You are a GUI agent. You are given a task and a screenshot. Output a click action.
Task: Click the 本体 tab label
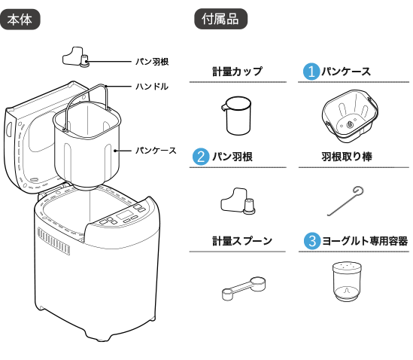click(x=20, y=20)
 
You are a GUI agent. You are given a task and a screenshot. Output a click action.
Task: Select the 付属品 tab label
click(x=220, y=20)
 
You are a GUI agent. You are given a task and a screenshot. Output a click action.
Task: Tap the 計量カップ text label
click(x=237, y=72)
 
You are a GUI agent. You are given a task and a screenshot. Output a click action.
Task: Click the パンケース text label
click(x=347, y=72)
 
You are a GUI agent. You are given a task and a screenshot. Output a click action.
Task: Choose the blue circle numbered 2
click(x=201, y=157)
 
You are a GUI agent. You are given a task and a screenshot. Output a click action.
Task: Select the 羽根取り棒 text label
click(x=346, y=157)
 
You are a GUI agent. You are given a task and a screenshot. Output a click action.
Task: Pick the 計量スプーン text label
click(x=241, y=241)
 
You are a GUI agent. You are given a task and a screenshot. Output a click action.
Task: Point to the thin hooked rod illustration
click(x=351, y=117)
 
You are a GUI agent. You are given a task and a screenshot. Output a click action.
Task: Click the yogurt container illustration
click(x=348, y=282)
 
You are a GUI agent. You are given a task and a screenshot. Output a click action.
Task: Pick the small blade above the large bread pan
click(x=77, y=58)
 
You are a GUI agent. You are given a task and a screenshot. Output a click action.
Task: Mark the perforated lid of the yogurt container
click(x=348, y=267)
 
